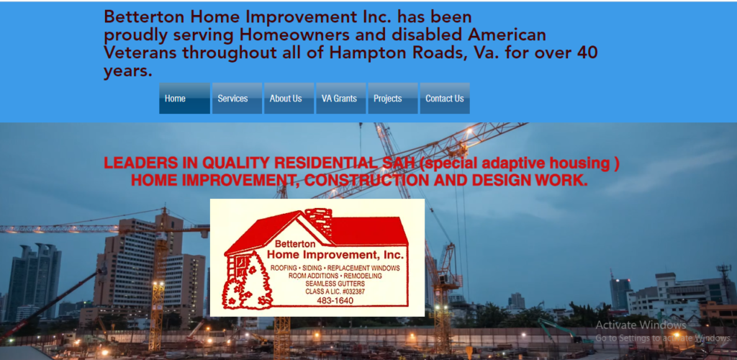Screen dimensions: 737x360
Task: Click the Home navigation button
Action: click(x=185, y=98)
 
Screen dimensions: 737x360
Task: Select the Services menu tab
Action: click(x=237, y=98)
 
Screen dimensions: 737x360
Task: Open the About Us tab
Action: click(x=289, y=98)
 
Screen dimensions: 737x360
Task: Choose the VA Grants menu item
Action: click(x=340, y=98)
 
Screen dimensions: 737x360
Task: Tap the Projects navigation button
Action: click(x=393, y=98)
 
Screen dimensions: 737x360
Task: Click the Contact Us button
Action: click(x=445, y=98)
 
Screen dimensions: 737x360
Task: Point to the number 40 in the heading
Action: click(x=587, y=53)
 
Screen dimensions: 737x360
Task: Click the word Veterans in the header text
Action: click(x=140, y=53)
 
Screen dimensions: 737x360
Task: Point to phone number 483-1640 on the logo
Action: click(x=335, y=301)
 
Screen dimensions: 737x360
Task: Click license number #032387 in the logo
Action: click(x=351, y=292)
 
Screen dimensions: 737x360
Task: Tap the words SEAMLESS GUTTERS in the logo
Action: click(x=335, y=284)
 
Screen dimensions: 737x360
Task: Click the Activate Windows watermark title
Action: click(x=641, y=325)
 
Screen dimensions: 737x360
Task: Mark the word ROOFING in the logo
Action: click(x=284, y=268)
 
